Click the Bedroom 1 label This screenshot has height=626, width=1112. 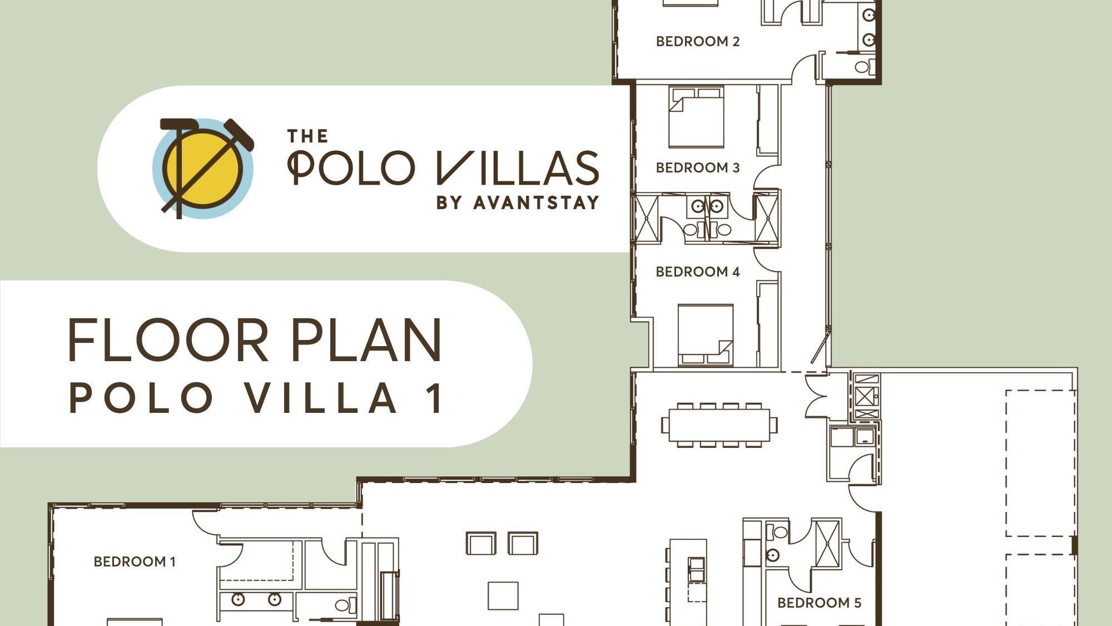click(135, 561)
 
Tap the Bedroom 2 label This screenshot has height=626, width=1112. click(698, 41)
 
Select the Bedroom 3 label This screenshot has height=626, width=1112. click(698, 167)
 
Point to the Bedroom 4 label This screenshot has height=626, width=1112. click(698, 272)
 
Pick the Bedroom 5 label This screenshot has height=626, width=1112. click(819, 603)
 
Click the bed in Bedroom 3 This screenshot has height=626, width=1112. click(697, 117)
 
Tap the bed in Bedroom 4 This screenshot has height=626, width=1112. click(706, 334)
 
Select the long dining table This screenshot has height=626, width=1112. click(719, 425)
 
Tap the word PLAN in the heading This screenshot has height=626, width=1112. click(366, 340)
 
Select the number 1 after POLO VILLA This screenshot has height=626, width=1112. click(435, 398)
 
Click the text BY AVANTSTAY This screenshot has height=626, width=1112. click(518, 203)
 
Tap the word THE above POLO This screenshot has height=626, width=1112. click(307, 136)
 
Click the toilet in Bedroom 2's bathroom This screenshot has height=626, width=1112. click(862, 67)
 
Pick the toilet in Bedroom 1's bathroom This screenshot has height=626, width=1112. click(342, 604)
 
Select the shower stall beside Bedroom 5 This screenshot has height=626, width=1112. click(828, 543)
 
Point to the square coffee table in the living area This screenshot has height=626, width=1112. click(503, 595)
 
